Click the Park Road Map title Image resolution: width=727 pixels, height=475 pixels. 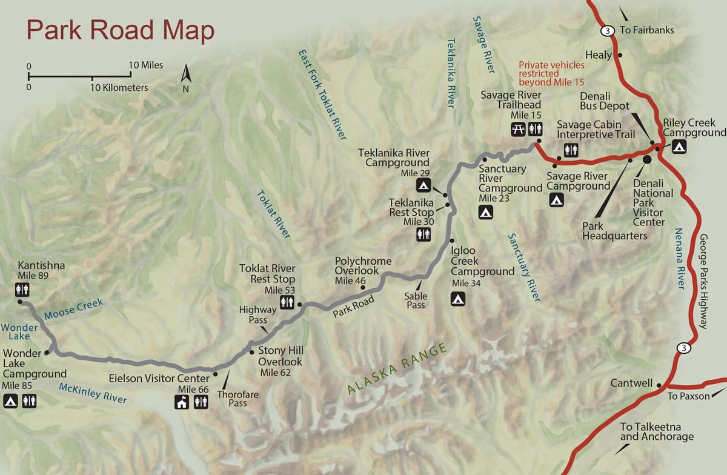(x=120, y=31)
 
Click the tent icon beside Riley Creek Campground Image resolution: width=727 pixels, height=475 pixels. (x=679, y=146)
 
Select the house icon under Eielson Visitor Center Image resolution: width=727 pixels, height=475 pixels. (x=181, y=400)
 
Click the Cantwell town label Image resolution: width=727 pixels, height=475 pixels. (x=631, y=383)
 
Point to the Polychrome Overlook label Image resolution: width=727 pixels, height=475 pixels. (x=363, y=266)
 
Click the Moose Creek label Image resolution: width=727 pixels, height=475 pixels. (x=73, y=308)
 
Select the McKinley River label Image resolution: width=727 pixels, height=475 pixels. (x=93, y=393)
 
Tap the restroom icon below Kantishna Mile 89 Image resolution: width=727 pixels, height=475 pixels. (x=22, y=290)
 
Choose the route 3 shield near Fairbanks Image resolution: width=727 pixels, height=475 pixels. (x=606, y=30)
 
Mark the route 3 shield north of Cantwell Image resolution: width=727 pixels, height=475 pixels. (x=683, y=348)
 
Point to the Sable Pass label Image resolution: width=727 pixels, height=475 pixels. (x=416, y=301)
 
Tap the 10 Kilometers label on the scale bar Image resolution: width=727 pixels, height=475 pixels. (x=119, y=88)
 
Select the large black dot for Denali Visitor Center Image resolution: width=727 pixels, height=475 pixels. (x=646, y=159)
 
